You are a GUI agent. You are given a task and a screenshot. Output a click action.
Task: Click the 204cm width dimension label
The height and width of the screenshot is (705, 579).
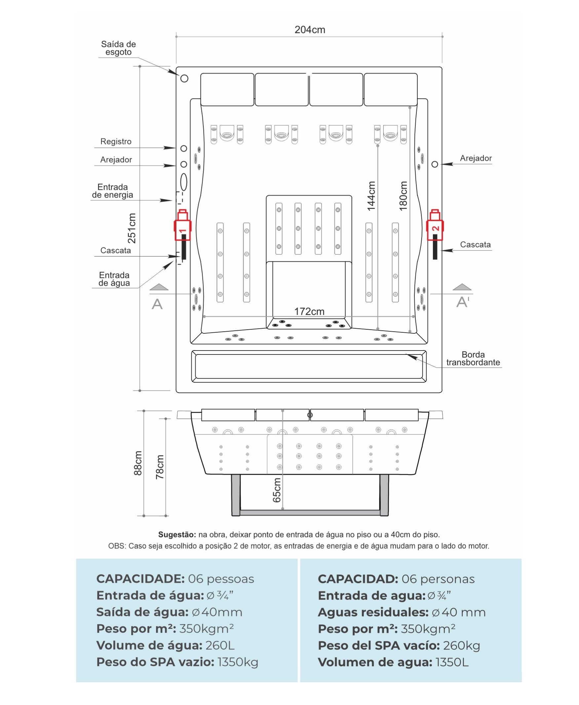[310, 30]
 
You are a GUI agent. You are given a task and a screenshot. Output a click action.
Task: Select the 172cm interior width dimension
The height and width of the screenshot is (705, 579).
[309, 311]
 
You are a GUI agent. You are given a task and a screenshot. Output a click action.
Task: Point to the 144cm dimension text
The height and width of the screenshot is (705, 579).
[371, 196]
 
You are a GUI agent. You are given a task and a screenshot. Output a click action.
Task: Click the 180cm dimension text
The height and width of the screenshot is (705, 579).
[403, 196]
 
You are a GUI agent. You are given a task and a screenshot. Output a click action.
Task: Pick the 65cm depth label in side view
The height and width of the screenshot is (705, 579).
[277, 490]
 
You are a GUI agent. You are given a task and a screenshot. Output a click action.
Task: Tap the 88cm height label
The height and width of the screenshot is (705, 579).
[138, 463]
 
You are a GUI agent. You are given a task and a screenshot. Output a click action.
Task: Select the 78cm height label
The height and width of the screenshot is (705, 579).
[160, 467]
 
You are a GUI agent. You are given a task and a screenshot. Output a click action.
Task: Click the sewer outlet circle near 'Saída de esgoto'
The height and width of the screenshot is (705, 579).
[184, 78]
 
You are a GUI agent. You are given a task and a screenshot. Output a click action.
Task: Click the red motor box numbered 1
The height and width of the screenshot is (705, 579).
[182, 226]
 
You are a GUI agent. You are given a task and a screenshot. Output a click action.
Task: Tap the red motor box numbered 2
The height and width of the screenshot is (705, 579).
[435, 226]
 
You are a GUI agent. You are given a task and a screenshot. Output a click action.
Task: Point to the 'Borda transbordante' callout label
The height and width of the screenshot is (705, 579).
[473, 358]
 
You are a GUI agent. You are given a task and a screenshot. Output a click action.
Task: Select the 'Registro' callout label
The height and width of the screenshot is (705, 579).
[116, 142]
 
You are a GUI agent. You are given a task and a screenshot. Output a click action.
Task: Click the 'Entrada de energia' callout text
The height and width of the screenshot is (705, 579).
[112, 191]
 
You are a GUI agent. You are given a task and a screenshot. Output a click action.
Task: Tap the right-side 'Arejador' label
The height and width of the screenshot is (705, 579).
[476, 158]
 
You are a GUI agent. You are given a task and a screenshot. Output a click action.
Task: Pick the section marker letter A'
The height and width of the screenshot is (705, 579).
[463, 302]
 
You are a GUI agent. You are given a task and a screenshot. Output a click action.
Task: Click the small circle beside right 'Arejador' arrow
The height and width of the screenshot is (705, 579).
[435, 164]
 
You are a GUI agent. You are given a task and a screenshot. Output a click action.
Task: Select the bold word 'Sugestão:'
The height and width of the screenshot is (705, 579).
[177, 534]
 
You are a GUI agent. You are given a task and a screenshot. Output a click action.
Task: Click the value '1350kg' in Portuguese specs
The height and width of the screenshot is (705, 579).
[238, 662]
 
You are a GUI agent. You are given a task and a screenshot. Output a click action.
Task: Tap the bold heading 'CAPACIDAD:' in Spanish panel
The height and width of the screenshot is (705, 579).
[358, 579]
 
